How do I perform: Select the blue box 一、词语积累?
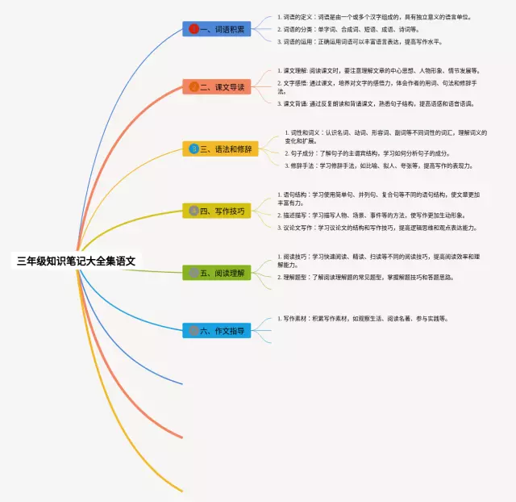(217, 29)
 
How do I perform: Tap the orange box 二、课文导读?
(217, 86)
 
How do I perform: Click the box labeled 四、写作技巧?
(217, 211)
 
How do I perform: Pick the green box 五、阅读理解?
(217, 273)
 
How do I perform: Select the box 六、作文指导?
(217, 330)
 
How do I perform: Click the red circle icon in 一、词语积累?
(194, 29)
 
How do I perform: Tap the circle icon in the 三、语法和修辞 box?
(194, 149)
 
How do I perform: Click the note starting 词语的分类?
(347, 29)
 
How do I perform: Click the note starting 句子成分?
(368, 153)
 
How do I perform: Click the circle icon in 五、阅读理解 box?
(194, 273)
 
